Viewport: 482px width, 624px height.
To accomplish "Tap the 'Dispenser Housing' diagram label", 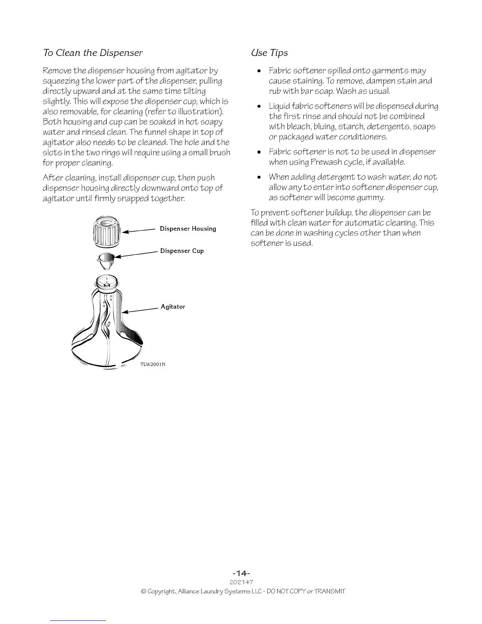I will coord(188,229).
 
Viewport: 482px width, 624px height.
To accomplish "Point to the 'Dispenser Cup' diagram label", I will coord(182,251).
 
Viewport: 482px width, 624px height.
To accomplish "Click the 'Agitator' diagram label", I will coord(173,306).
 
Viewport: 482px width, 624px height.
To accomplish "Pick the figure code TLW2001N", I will coord(152,364).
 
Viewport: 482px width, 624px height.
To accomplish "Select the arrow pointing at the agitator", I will coord(141,310).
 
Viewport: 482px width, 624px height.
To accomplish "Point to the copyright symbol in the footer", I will coord(143,591).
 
